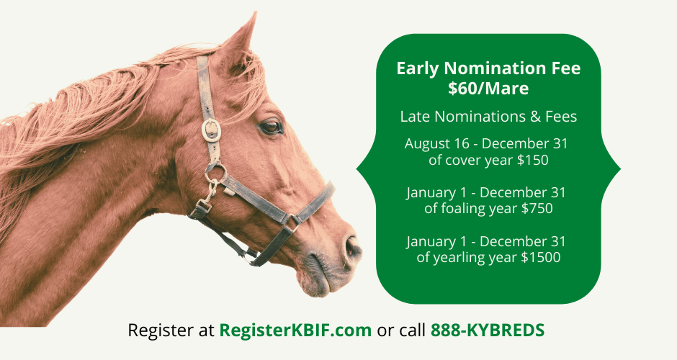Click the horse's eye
pyautogui.click(x=272, y=127)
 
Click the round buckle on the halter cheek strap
pyautogui.click(x=210, y=130)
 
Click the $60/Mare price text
pyautogui.click(x=488, y=89)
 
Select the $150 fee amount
pyautogui.click(x=533, y=160)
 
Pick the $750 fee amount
pyautogui.click(x=536, y=209)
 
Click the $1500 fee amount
pyautogui.click(x=539, y=257)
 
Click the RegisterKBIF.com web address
pyautogui.click(x=295, y=330)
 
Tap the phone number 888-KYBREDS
pyautogui.click(x=488, y=330)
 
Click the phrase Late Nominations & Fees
pyautogui.click(x=488, y=116)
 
